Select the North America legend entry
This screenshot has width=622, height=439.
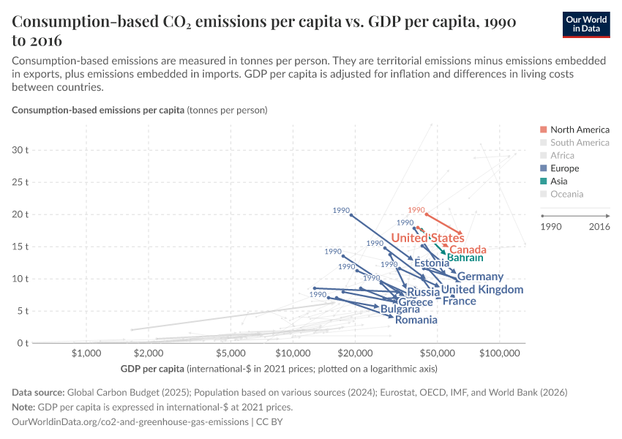coord(574,130)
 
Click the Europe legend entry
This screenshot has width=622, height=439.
coord(564,168)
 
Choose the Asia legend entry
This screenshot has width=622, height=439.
coord(561,181)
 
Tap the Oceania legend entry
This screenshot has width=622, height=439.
coord(566,194)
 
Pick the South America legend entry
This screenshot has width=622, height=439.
coord(579,143)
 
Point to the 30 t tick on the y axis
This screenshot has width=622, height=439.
coord(20,150)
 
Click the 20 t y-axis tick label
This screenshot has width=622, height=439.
coord(20,214)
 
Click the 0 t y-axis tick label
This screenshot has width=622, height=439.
coord(22,343)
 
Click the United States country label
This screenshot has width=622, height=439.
coord(427,238)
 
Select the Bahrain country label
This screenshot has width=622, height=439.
coord(465,258)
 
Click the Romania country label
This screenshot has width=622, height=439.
coord(416,320)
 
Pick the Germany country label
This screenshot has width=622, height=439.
coord(480,277)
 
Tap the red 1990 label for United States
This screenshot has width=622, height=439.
coord(416,210)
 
